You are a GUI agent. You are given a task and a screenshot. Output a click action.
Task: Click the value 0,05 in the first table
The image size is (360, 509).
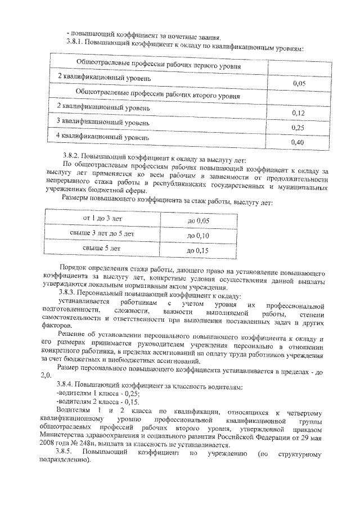(x=299, y=83)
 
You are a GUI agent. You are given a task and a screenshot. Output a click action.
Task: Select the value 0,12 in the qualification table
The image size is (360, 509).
(x=298, y=113)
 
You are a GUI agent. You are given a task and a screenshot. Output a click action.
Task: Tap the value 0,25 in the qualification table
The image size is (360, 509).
(x=298, y=128)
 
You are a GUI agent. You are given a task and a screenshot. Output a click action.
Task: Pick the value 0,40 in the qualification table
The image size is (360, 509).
(x=298, y=143)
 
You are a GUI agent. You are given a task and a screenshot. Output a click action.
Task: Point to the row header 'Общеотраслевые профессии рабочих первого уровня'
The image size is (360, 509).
(x=159, y=66)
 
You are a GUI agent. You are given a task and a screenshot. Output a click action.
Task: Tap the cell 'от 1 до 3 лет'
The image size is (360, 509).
(x=102, y=218)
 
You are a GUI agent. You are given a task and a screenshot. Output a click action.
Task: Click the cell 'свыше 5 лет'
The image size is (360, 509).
(x=102, y=247)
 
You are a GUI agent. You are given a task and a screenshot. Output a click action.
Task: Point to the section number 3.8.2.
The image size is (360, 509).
(x=73, y=154)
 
